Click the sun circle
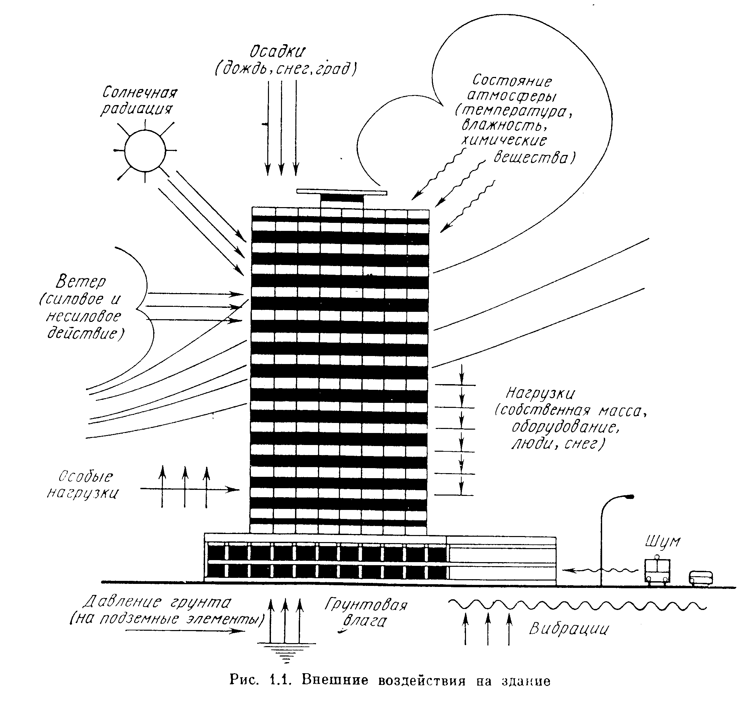pos(145,150)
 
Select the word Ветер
pos(81,281)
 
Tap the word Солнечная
pos(140,93)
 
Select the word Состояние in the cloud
pos(512,81)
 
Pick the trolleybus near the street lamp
pos(657,570)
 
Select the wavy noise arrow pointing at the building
pos(600,570)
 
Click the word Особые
pos(86,476)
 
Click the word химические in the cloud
pos(504,141)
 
